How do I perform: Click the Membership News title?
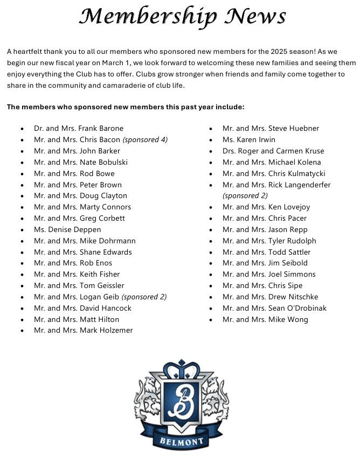[x=182, y=17]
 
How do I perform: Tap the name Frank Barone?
[x=101, y=129]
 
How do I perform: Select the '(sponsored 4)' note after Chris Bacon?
[x=145, y=140]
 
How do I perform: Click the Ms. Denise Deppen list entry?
[x=67, y=229]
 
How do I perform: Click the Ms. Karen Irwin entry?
[x=248, y=140]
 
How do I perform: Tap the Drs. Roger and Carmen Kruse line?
[x=273, y=151]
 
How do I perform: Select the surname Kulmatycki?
[x=306, y=173]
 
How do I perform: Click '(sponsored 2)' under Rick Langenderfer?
[x=245, y=195]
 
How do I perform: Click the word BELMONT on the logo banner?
[x=182, y=442]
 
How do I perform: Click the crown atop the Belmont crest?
[x=181, y=369]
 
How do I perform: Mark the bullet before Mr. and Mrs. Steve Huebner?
[x=211, y=129]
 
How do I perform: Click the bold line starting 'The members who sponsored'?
[x=126, y=107]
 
